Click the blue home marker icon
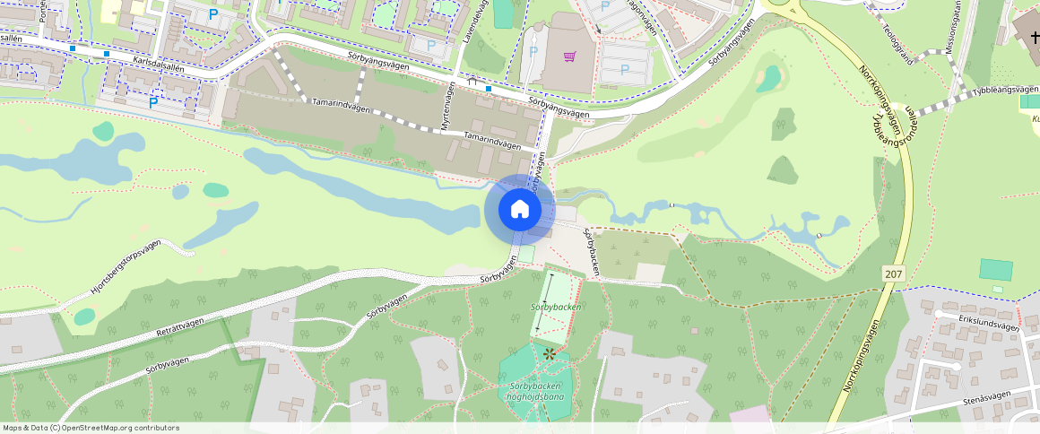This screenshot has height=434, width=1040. click(519, 210)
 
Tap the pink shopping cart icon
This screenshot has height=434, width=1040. click(569, 56)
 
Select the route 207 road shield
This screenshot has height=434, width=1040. click(892, 273)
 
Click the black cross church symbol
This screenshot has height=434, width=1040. click(1034, 37)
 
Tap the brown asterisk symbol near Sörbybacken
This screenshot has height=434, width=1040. click(549, 354)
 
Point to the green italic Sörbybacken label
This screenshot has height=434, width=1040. click(556, 307)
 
